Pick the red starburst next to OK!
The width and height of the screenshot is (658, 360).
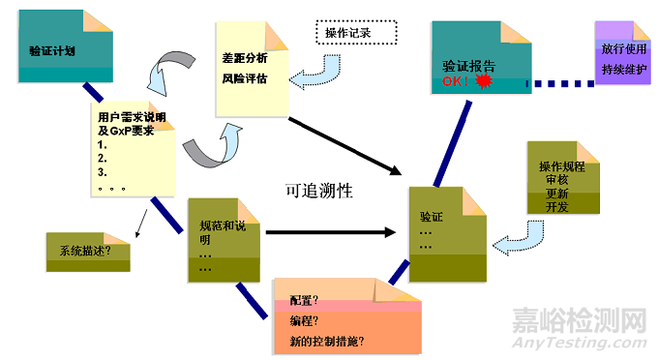click(x=485, y=83)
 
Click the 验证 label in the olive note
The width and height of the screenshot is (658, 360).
click(x=432, y=217)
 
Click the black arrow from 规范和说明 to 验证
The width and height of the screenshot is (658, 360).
click(x=329, y=232)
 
